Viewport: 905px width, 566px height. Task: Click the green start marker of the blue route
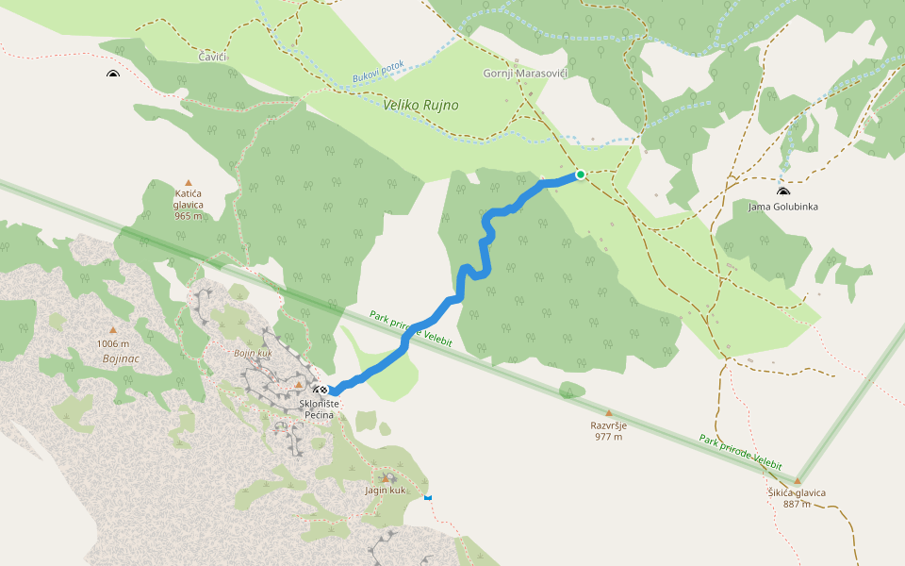point(581,175)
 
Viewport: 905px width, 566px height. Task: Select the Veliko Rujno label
point(420,105)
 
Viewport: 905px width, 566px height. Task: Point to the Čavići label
point(212,58)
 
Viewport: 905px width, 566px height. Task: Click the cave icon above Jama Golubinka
point(783,191)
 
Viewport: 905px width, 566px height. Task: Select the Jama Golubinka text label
point(783,207)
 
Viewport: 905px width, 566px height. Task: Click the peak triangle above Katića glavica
point(189,183)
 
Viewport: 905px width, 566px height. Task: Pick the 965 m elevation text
point(189,216)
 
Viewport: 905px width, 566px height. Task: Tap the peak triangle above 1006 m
point(113,330)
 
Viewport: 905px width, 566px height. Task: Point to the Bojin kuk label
point(252,352)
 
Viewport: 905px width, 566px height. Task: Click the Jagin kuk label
point(385,491)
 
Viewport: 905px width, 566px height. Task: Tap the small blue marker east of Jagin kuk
point(428,496)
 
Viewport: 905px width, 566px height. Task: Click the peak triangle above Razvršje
point(608,413)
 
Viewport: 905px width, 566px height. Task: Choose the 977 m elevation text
point(608,437)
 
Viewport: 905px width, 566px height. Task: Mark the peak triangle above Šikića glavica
point(797,480)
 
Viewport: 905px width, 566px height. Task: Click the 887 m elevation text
point(797,504)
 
